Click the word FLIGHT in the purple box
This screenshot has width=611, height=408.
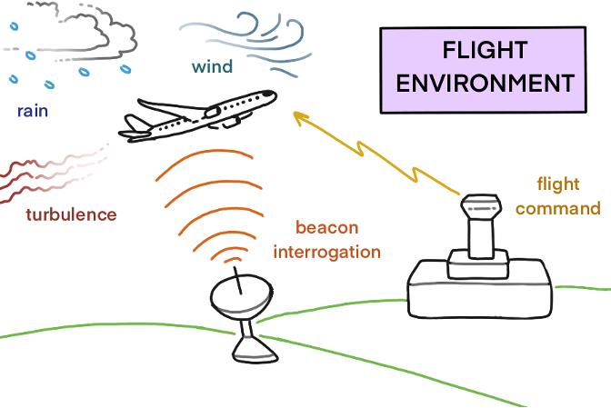pyautogui.click(x=485, y=50)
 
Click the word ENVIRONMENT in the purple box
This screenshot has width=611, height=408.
pyautogui.click(x=486, y=83)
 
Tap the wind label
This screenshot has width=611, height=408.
pyautogui.click(x=213, y=66)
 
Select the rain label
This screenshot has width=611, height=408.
pyautogui.click(x=33, y=112)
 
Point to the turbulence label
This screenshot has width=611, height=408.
pyautogui.click(x=71, y=214)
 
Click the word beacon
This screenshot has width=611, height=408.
pyautogui.click(x=327, y=227)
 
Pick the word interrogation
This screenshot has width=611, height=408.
pyautogui.click(x=327, y=252)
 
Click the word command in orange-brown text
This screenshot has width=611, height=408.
pyautogui.click(x=558, y=209)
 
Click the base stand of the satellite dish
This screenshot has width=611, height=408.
pyautogui.click(x=255, y=349)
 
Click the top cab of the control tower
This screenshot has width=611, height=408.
pyautogui.click(x=481, y=206)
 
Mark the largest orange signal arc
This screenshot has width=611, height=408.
pyautogui.click(x=205, y=153)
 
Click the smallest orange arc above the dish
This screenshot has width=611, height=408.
pyautogui.click(x=233, y=259)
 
